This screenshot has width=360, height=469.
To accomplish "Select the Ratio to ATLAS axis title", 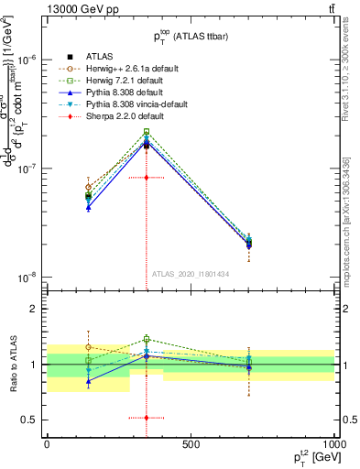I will coord(12,365).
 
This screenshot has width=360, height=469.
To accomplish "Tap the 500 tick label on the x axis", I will coord(191,444).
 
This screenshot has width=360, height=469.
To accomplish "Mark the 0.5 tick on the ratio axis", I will coord(32,420).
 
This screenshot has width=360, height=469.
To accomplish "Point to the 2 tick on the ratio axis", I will coord(35,309).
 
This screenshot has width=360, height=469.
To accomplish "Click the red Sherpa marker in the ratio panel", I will coord(146,418).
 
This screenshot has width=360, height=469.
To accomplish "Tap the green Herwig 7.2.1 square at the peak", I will coord(146,131).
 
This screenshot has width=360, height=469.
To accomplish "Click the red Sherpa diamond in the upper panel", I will coord(146,177).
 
